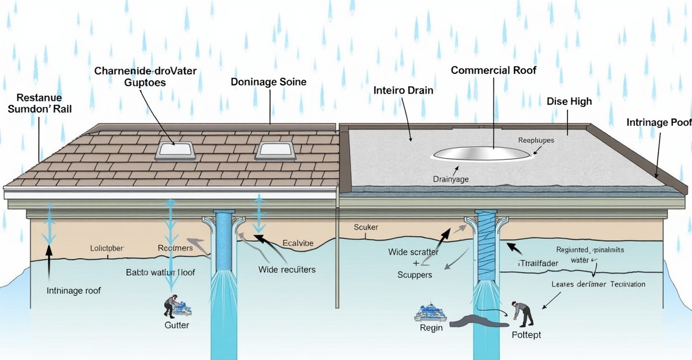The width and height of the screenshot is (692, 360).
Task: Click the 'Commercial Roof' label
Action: [x=493, y=70]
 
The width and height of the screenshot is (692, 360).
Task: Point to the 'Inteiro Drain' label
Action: [x=403, y=91]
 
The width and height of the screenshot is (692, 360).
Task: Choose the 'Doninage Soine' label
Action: [x=268, y=82]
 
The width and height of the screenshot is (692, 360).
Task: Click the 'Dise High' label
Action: [x=569, y=101]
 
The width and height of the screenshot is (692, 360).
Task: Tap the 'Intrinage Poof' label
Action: [x=659, y=122]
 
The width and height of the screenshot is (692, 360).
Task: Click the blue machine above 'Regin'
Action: [x=430, y=313]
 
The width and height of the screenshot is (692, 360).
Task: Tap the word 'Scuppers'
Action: [x=415, y=275]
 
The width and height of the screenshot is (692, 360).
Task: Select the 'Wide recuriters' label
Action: [x=287, y=269]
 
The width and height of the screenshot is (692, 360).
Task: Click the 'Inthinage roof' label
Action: [x=74, y=291]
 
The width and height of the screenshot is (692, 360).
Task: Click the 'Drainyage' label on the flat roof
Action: [x=450, y=179]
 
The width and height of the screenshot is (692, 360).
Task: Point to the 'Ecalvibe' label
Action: [x=298, y=243]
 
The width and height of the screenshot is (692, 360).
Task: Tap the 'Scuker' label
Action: [x=366, y=227]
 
